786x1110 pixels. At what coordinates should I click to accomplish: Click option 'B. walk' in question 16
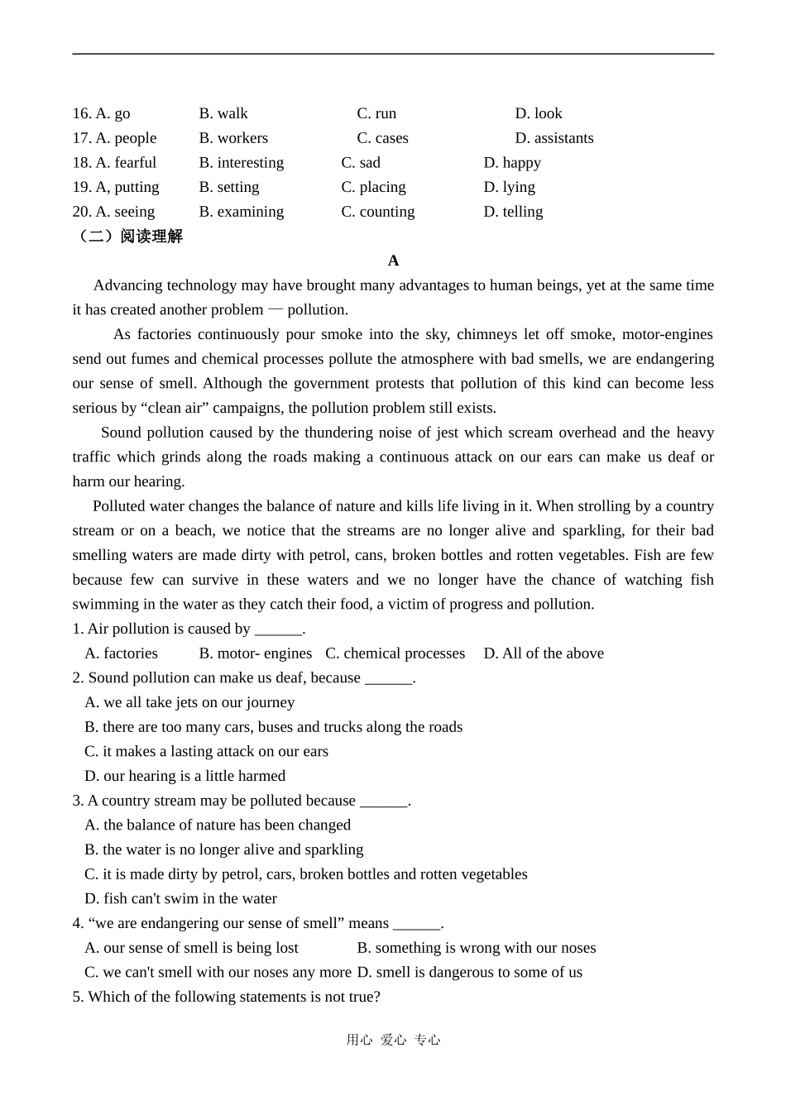[223, 113]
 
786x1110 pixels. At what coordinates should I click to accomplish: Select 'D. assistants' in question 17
[554, 138]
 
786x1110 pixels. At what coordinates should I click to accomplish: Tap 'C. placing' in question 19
[373, 187]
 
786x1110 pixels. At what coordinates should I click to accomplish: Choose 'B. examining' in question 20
[241, 212]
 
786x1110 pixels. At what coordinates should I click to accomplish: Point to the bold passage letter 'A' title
[393, 261]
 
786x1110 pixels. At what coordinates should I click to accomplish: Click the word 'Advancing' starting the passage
[128, 285]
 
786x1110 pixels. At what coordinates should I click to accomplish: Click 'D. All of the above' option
[544, 653]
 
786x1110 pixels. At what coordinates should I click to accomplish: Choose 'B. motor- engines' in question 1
[256, 653]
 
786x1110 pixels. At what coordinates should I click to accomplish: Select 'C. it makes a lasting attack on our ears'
[206, 752]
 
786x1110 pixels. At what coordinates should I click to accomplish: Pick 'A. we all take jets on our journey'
[189, 702]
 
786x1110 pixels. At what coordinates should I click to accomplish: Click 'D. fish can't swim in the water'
[180, 899]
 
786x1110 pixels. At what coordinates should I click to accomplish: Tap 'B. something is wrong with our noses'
[476, 948]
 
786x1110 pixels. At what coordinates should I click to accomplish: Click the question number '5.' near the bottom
[78, 997]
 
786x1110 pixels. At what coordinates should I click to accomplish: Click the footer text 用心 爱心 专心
[393, 1040]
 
